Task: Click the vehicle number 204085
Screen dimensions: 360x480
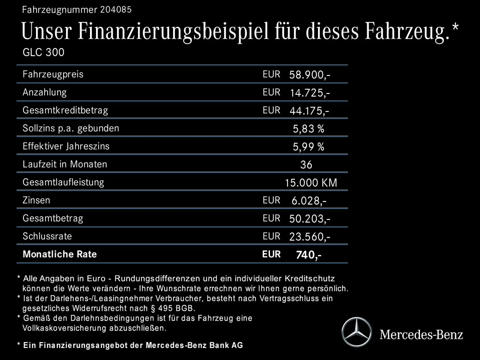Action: click(116, 10)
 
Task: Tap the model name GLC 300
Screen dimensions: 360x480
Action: click(43, 52)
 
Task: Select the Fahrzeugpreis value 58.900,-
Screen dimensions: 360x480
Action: click(310, 75)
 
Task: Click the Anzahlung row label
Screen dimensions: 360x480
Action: click(45, 92)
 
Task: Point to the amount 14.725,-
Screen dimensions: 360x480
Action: click(310, 93)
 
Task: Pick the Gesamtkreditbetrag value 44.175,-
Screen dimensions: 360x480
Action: click(309, 111)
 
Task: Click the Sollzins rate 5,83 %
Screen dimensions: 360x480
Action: click(308, 129)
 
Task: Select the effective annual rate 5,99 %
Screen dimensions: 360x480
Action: click(308, 147)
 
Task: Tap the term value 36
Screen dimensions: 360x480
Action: click(306, 165)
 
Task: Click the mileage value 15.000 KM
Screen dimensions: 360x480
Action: click(311, 183)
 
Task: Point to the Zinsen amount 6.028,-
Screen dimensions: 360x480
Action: click(309, 201)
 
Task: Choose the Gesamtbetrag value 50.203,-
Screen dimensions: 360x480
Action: click(310, 219)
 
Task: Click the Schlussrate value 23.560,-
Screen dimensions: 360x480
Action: click(310, 237)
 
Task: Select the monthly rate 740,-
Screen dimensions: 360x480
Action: click(309, 255)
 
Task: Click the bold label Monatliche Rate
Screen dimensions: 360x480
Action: click(60, 254)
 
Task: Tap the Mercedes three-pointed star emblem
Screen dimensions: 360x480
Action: click(356, 332)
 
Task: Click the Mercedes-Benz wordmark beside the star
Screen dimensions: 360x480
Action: click(421, 334)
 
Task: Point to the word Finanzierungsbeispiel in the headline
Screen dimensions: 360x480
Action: click(173, 31)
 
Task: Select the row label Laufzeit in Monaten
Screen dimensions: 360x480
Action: click(65, 164)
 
